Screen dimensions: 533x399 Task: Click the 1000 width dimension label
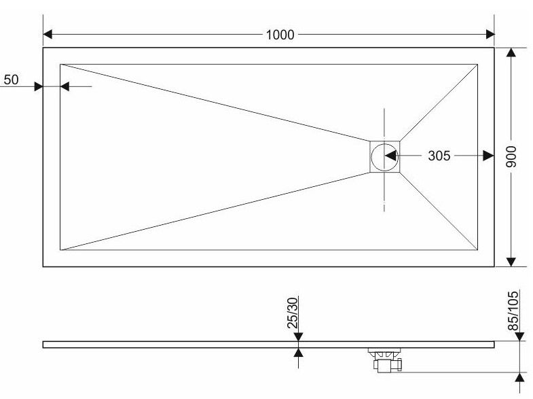[280, 35]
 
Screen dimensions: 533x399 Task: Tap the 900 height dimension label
[511, 156]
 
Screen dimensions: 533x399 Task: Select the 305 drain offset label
[439, 156]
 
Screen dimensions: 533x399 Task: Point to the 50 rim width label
[12, 80]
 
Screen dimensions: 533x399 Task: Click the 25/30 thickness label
[293, 313]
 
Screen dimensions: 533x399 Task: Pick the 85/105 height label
[513, 310]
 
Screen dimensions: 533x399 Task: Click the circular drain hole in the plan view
[384, 157]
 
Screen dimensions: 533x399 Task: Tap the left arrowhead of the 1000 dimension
[48, 35]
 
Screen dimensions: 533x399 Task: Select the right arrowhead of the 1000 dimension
[490, 35]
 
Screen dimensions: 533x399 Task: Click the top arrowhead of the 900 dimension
[511, 52]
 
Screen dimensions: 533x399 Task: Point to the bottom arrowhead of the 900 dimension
[511, 262]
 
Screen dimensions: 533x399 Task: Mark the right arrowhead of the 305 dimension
[488, 156]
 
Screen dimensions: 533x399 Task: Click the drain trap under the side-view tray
[386, 360]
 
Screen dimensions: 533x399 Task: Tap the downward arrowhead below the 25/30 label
[298, 337]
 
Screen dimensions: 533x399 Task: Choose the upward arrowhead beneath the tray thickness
[298, 352]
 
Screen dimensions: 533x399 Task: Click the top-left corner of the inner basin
[60, 64]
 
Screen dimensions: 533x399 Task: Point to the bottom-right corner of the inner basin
[477, 250]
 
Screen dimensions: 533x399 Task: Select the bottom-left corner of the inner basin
[60, 250]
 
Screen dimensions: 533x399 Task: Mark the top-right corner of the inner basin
[477, 64]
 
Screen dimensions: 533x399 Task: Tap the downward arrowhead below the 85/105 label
[519, 336]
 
